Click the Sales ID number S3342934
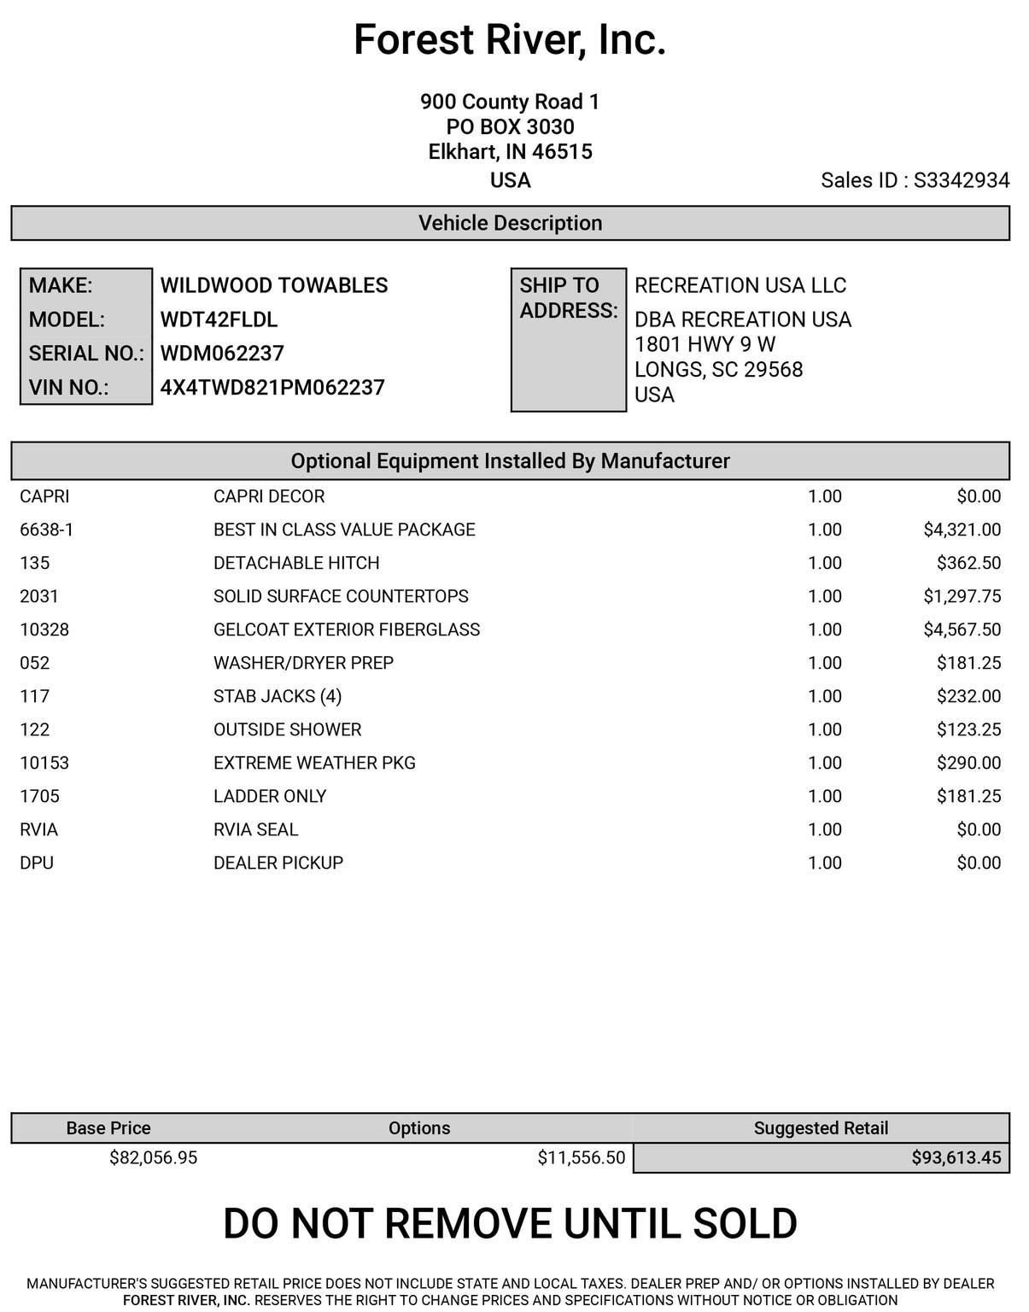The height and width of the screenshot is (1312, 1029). [962, 180]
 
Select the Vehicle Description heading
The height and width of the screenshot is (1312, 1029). [510, 223]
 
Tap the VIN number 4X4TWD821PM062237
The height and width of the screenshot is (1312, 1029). [272, 388]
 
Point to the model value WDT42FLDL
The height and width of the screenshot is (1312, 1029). [219, 319]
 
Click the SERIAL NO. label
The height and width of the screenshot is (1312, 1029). [86, 354]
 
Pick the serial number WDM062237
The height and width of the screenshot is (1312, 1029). [222, 354]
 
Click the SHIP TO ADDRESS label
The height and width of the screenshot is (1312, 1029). [568, 298]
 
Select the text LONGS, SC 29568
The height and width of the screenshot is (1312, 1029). [718, 370]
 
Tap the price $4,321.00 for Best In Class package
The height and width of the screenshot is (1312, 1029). [962, 530]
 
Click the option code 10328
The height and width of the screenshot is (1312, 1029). [44, 630]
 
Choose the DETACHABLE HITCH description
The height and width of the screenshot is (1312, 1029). [296, 563]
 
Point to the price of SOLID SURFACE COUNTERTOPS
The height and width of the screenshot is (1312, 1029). [962, 596]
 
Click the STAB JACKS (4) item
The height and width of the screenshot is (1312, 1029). [278, 696]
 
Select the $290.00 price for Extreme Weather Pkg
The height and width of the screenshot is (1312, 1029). [968, 763]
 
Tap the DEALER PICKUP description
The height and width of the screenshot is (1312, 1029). [278, 863]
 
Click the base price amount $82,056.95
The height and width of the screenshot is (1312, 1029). [154, 1157]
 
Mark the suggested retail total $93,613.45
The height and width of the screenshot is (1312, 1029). [956, 1157]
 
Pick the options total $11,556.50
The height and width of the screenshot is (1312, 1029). [581, 1157]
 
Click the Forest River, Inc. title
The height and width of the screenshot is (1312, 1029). [510, 40]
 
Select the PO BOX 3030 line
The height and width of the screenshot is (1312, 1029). [510, 127]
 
